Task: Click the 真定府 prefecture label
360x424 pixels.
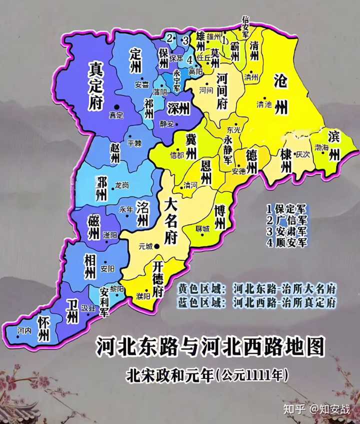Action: (x=95, y=84)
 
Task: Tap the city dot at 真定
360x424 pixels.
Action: (x=116, y=106)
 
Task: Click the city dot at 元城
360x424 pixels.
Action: (x=157, y=245)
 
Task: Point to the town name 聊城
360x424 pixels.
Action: (x=202, y=229)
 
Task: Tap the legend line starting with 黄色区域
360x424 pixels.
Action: (x=257, y=289)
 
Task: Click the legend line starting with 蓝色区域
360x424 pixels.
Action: (x=257, y=302)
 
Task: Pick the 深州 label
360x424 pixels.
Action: (x=178, y=108)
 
